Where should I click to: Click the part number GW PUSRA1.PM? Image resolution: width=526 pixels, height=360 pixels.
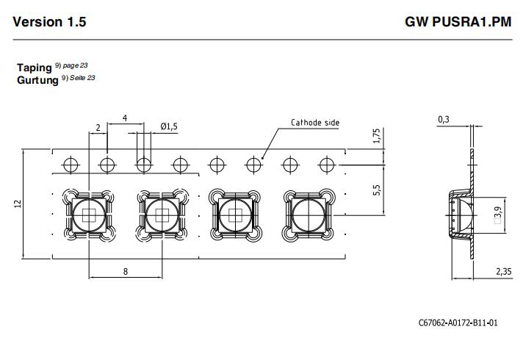click(x=458, y=22)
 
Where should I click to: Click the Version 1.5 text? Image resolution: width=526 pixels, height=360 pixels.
click(x=49, y=22)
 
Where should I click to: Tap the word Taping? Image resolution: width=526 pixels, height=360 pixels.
click(x=35, y=68)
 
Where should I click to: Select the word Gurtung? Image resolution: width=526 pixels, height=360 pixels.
click(x=37, y=80)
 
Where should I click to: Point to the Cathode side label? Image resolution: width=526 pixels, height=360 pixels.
click(x=315, y=123)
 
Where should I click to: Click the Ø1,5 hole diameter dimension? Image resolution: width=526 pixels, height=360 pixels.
click(x=169, y=126)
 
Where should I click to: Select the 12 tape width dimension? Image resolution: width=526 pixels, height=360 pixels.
click(x=18, y=204)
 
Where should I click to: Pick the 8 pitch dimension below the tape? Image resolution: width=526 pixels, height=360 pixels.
click(x=126, y=271)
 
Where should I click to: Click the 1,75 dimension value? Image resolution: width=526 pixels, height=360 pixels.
click(x=376, y=136)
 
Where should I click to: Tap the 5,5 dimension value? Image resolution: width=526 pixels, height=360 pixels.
click(x=376, y=190)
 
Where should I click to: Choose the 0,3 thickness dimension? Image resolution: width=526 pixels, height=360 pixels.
click(x=444, y=120)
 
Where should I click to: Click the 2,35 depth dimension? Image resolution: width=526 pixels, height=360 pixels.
click(x=504, y=271)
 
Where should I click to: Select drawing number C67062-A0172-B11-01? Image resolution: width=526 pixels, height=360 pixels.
click(x=458, y=323)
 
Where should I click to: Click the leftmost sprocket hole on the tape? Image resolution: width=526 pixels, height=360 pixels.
click(x=71, y=165)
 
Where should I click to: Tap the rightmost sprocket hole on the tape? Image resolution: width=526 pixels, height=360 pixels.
click(x=326, y=165)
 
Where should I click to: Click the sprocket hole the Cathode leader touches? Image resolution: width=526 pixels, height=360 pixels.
click(x=253, y=165)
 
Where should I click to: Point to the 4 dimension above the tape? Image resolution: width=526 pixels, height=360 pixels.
click(x=125, y=118)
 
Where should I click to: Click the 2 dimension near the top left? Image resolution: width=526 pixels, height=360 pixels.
click(x=98, y=128)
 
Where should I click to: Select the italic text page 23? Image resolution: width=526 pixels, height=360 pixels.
click(x=75, y=65)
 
